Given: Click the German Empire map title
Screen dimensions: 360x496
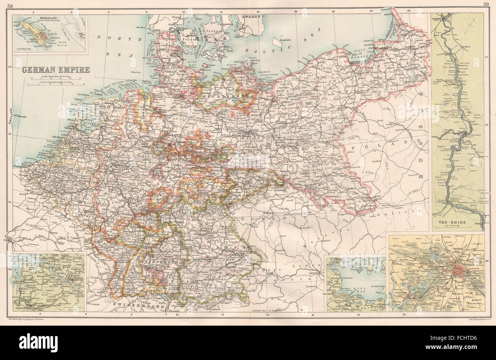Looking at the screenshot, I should click(x=56, y=70).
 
